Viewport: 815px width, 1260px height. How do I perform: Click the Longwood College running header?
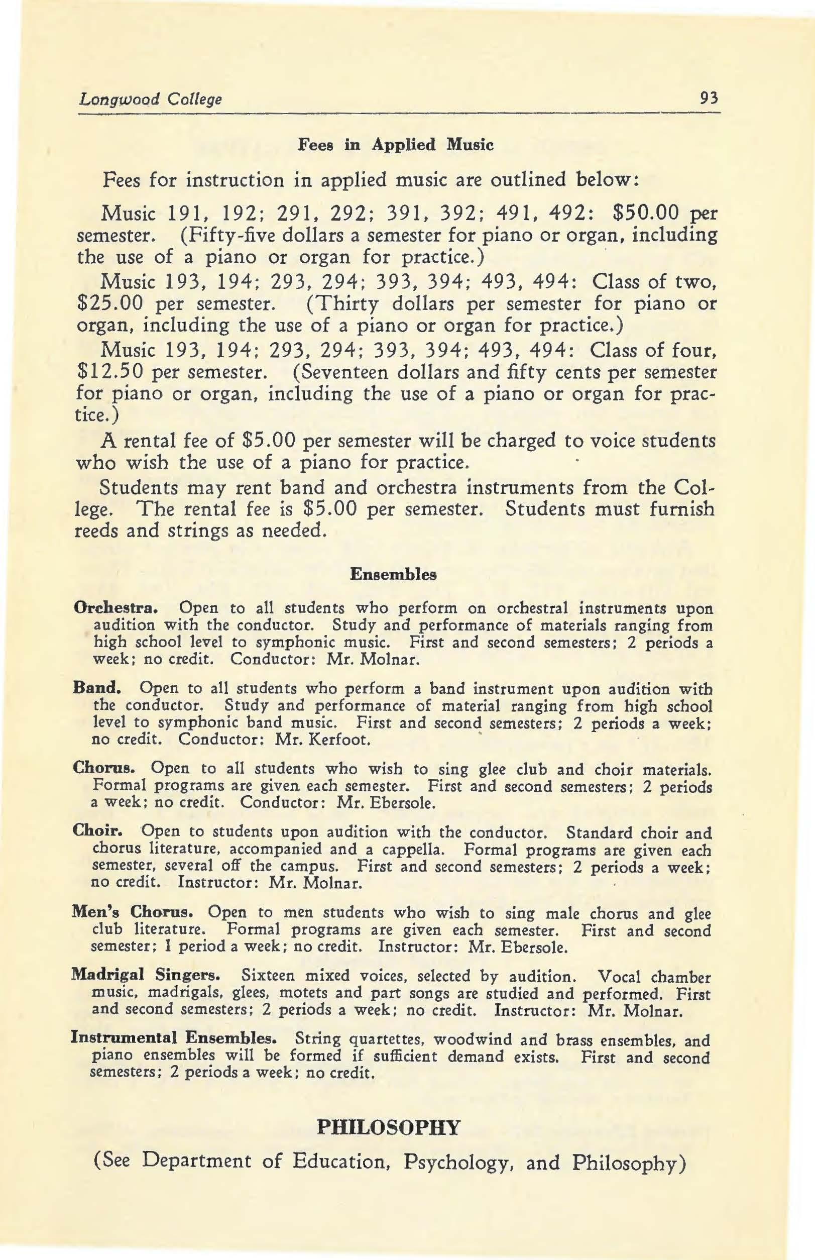150,99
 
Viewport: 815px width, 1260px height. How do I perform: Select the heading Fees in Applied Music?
396,145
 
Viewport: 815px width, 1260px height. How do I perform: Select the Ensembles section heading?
394,574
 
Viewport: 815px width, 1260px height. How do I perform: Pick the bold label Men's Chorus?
131,913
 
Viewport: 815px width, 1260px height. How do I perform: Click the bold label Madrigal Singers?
146,975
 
